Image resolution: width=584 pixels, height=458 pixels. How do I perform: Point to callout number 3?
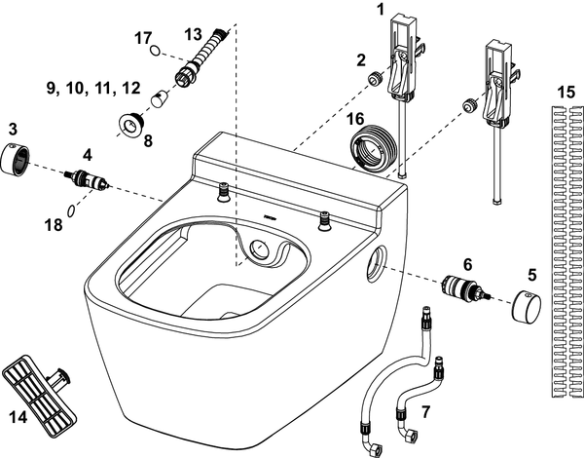[13, 129]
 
